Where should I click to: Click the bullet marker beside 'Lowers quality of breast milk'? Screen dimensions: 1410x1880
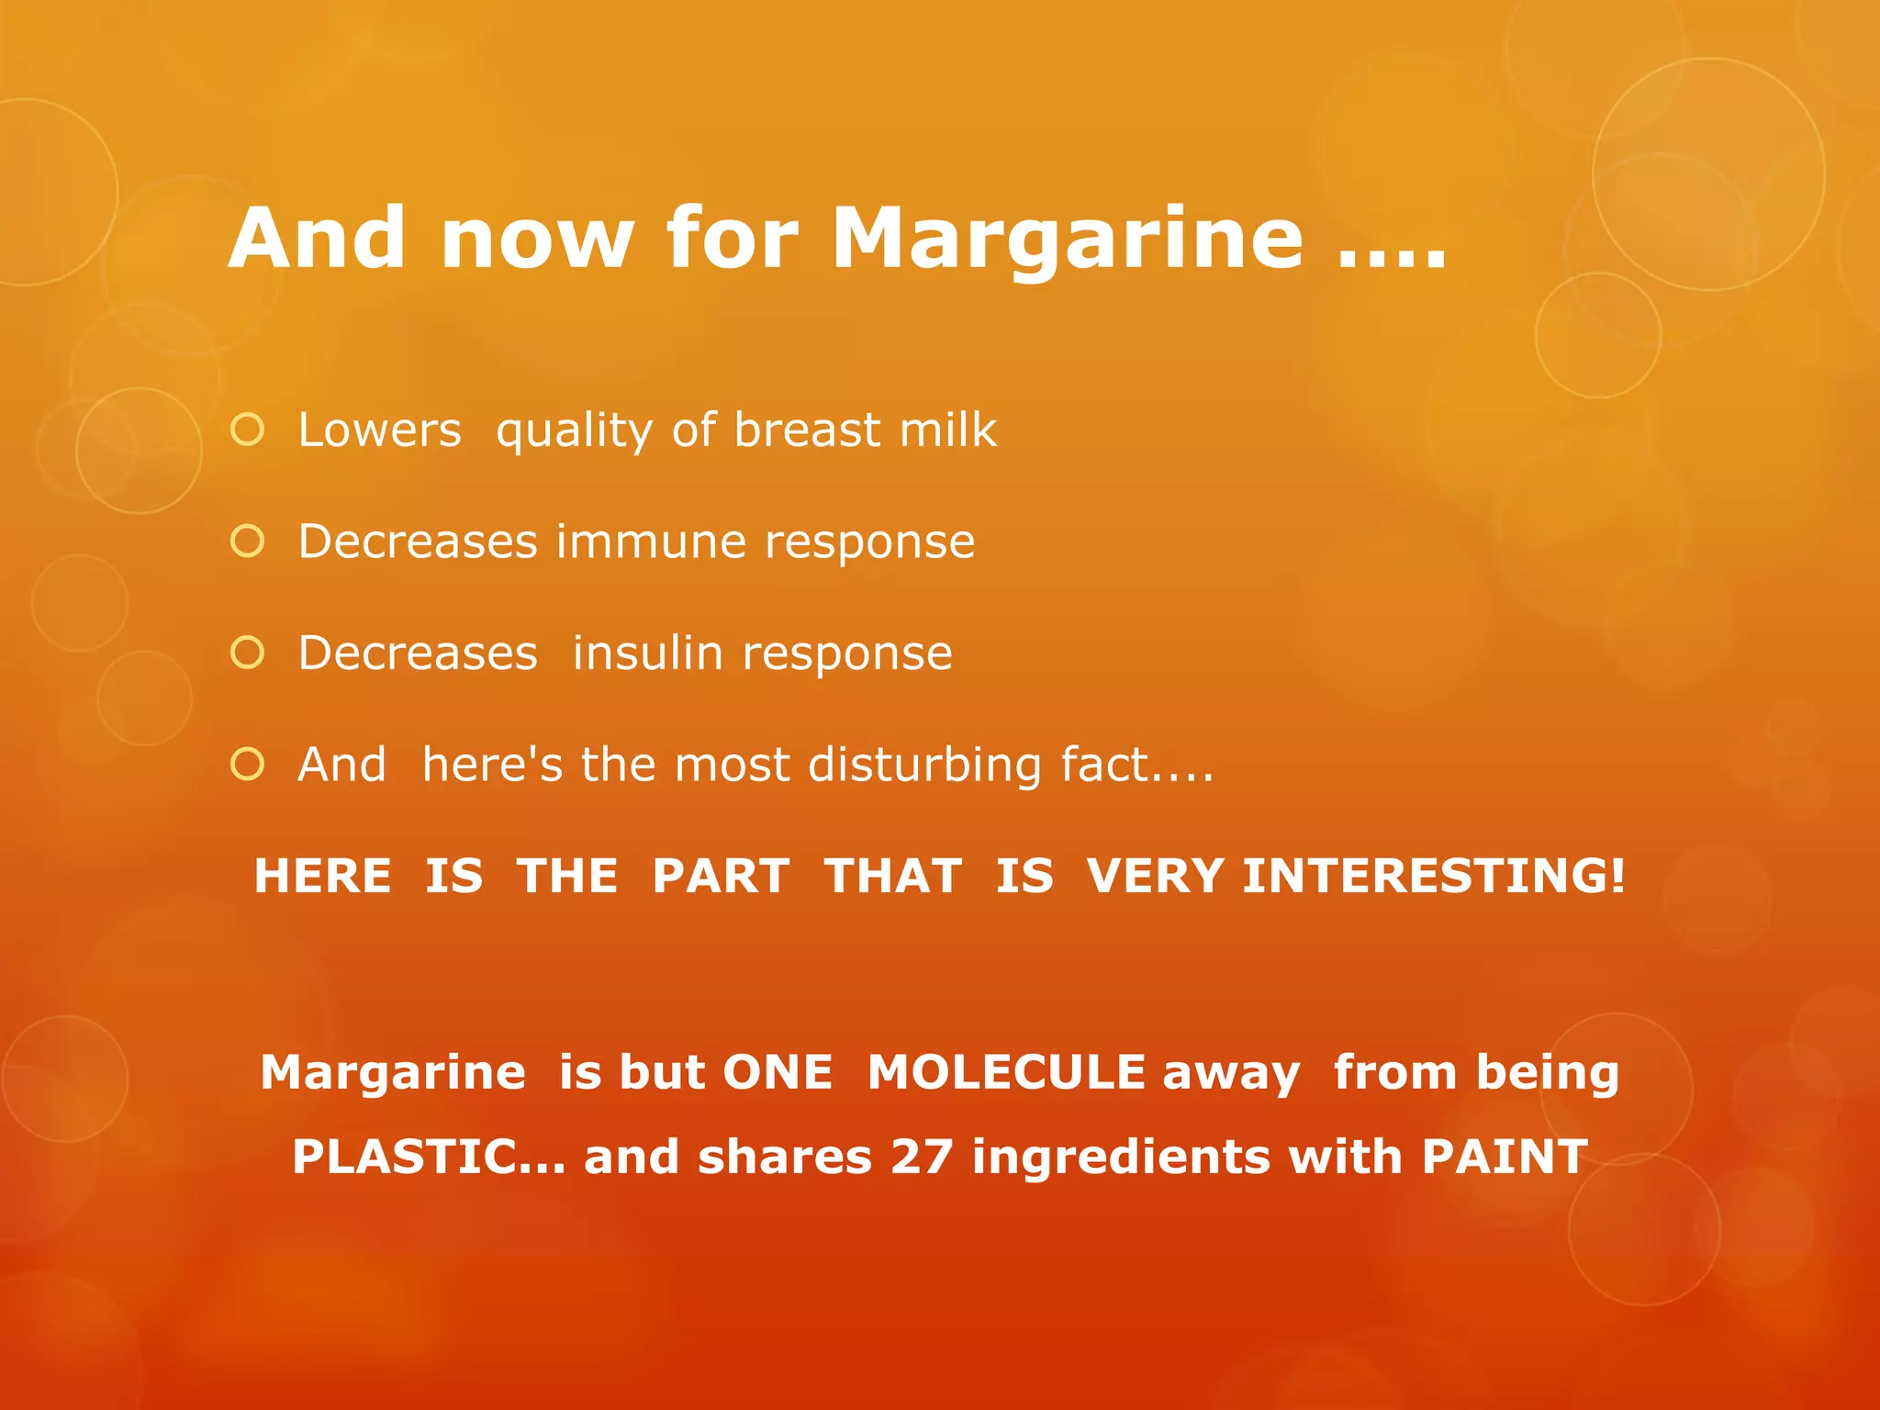(248, 430)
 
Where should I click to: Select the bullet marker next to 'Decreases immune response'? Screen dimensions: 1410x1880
(248, 542)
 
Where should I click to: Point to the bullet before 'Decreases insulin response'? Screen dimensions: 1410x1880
(248, 653)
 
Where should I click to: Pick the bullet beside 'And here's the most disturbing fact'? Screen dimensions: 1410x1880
(248, 764)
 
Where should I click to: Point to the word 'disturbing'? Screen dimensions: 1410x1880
(924, 765)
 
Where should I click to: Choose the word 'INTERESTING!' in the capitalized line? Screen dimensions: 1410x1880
(1434, 876)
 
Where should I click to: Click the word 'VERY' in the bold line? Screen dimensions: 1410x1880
(1155, 876)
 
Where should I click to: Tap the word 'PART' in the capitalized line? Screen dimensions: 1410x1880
(721, 876)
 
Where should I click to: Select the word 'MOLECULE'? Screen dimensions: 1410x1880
(1006, 1072)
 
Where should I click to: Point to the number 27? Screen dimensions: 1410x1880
(922, 1157)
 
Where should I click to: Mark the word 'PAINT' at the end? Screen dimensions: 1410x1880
(1505, 1157)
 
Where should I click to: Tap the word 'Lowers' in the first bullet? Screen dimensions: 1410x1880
(379, 430)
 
